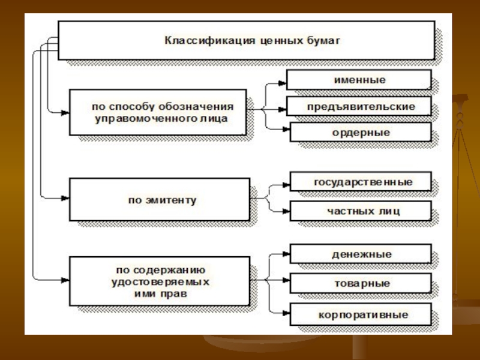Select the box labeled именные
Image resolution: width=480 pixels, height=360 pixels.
[x=359, y=80]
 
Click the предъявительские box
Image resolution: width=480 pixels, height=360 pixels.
[x=359, y=106]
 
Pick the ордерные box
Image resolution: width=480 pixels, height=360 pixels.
[x=361, y=132]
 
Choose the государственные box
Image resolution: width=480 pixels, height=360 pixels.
[x=361, y=182]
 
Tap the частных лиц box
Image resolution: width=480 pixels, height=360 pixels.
[x=361, y=211]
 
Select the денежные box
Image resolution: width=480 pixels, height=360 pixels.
[x=361, y=254]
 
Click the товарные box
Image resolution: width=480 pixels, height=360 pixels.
[x=361, y=283]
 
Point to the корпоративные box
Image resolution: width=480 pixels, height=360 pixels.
[x=361, y=314]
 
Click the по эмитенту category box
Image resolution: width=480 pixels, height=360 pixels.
[x=160, y=199]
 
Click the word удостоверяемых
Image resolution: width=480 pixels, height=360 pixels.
[x=160, y=282]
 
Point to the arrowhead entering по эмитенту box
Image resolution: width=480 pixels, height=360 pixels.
[x=65, y=198]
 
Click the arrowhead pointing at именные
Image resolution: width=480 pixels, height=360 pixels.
[x=282, y=83]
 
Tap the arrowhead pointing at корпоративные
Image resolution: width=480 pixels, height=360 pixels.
[x=286, y=313]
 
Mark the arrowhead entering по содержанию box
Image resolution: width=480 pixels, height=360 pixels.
[x=65, y=280]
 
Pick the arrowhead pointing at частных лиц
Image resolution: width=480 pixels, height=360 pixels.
[x=286, y=211]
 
